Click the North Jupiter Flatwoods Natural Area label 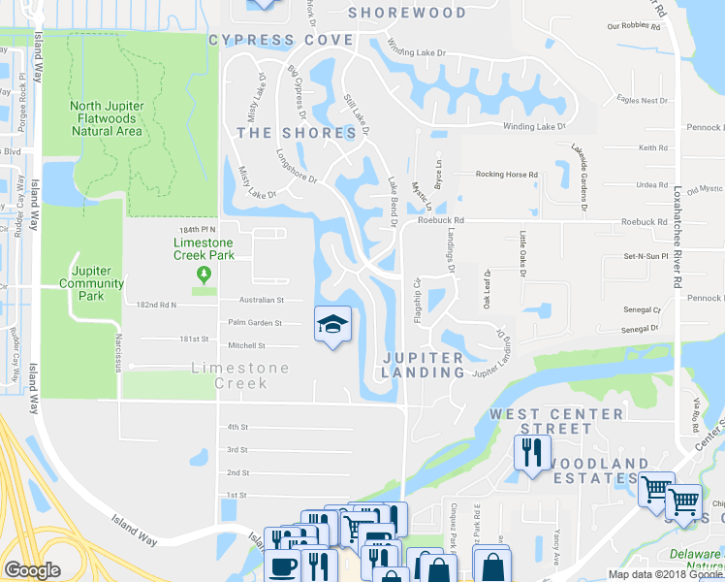click(107, 118)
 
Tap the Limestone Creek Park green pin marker click(203, 275)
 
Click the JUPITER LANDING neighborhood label click(423, 365)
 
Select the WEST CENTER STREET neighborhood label click(556, 421)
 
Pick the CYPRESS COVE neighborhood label click(280, 40)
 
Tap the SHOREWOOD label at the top click(407, 13)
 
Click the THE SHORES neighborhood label click(297, 133)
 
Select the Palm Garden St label click(255, 323)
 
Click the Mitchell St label click(247, 345)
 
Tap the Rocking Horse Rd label click(506, 175)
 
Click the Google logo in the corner click(32, 570)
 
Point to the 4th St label click(238, 427)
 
